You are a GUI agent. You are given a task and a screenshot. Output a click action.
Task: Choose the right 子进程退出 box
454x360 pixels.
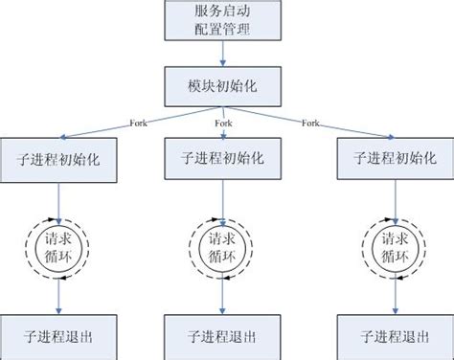(395, 336)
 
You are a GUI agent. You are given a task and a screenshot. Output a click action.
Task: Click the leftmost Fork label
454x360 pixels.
(139, 121)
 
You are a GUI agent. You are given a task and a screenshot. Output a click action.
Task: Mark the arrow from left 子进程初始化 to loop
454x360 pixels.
(59, 199)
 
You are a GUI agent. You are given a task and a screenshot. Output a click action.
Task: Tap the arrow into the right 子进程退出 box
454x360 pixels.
(395, 299)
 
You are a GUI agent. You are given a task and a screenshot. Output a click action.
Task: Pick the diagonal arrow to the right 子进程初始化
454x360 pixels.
(326, 125)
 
